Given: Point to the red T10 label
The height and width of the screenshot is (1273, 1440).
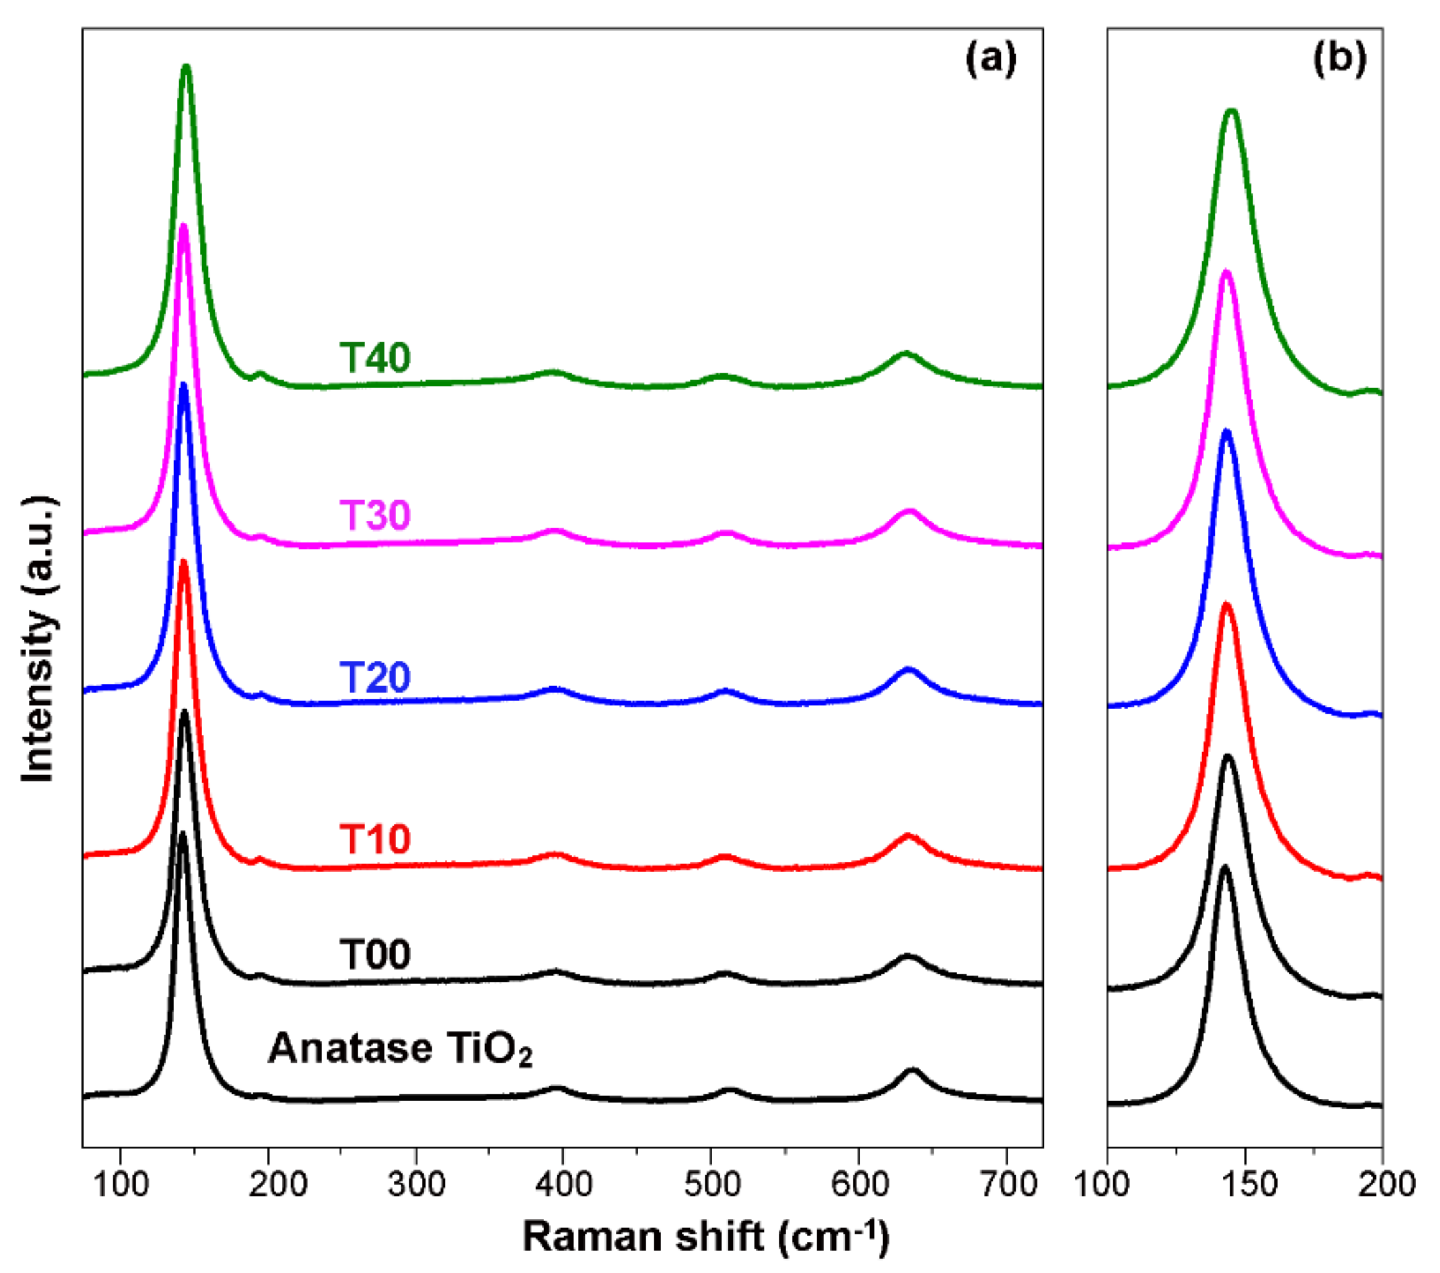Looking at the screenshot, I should tap(375, 839).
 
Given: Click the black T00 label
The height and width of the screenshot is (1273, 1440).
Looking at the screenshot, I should tap(375, 955).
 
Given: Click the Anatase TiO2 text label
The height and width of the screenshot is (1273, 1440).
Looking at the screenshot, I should tap(399, 1049).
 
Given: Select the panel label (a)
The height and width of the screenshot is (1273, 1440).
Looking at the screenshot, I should tap(991, 60).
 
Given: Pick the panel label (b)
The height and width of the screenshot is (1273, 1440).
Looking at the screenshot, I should tap(1340, 60).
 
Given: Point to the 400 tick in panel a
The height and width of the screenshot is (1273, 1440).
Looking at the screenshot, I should tap(563, 1183).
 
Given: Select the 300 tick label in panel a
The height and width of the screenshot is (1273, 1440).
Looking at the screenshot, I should tap(416, 1183).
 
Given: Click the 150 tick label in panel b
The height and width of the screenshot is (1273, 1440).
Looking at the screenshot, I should tap(1245, 1183).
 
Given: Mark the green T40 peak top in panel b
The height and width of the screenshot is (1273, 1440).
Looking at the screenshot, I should tap(1232, 111).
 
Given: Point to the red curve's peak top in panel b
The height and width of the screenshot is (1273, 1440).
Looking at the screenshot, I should tap(1227, 604).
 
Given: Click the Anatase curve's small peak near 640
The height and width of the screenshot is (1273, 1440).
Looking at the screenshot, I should tap(912, 1071).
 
